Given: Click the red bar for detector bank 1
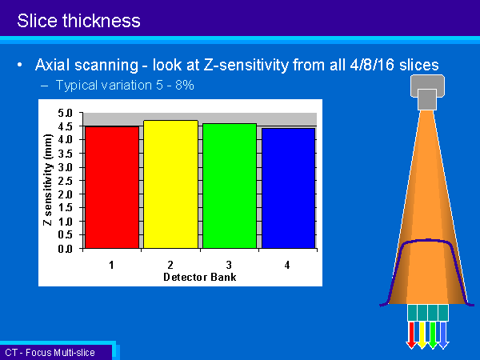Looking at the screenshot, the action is tap(112, 187).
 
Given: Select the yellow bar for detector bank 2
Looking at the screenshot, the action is tap(171, 184).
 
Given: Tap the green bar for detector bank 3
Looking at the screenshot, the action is tap(230, 186).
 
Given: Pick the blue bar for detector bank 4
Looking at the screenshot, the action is tap(288, 188).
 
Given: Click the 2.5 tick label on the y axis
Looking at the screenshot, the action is tap(66, 181).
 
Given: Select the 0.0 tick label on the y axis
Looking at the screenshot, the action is tap(66, 249).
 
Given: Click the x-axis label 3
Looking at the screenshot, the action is tap(229, 265).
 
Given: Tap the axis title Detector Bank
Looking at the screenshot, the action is tap(199, 277).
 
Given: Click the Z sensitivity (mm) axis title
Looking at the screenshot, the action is tap(47, 180).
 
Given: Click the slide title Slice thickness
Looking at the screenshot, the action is tap(78, 21).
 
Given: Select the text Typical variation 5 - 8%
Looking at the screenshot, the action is tap(125, 85).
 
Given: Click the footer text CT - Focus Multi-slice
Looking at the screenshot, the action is tap(50, 352).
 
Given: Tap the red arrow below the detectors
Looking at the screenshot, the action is tap(411, 335).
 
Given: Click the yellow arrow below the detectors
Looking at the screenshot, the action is tap(422, 335).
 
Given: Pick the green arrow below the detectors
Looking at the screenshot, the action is tap(433, 335).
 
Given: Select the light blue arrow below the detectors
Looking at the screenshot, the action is tap(443, 335).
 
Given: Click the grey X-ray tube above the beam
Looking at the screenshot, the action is tap(427, 92).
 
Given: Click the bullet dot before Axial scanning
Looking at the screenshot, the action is tap(20, 65).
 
